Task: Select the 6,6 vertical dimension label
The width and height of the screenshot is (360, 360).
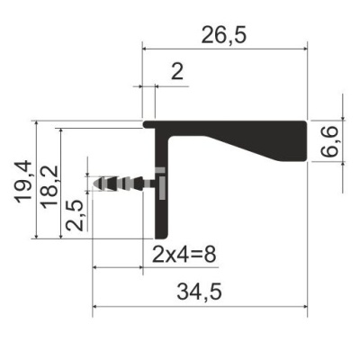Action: coord(330,141)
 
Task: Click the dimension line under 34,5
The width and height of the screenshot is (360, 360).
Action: coord(200,309)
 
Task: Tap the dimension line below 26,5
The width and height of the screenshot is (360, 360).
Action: coord(225,49)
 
